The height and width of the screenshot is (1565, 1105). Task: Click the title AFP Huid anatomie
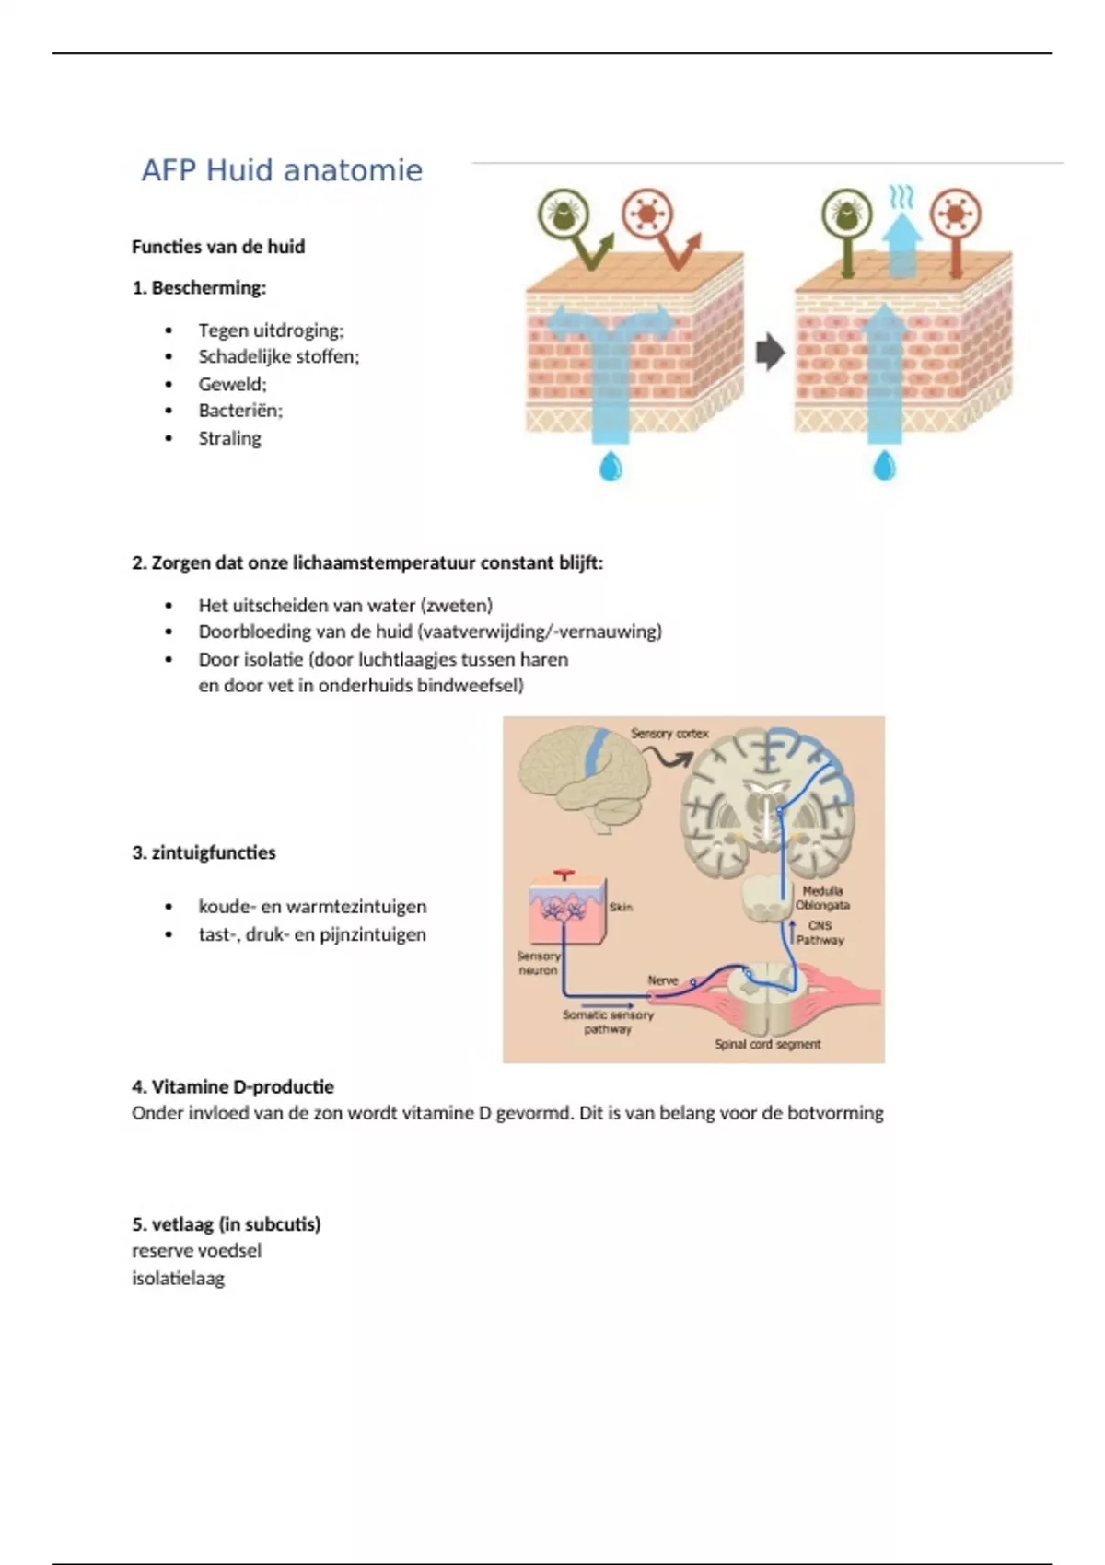281,170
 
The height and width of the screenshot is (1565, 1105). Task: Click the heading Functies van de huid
217,247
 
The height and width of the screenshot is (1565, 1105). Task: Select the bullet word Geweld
231,384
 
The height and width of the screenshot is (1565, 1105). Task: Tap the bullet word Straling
229,438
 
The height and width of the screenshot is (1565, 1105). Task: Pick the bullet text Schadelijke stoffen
278,356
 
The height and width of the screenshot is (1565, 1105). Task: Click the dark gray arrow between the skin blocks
769,352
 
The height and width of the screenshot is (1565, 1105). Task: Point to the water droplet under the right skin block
884,466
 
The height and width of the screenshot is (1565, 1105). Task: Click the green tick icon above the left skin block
564,214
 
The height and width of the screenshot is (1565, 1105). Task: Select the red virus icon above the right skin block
955,214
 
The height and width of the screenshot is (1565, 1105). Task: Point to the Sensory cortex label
669,734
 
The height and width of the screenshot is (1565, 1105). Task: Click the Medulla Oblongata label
822,898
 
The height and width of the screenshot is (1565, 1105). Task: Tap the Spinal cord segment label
767,1044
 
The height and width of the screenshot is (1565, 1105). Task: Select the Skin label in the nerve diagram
621,907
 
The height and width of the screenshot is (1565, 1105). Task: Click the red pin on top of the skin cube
564,875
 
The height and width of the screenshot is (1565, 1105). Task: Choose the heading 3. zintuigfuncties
204,852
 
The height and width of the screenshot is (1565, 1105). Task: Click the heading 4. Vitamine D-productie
232,1086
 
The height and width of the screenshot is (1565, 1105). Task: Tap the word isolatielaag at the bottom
178,1278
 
